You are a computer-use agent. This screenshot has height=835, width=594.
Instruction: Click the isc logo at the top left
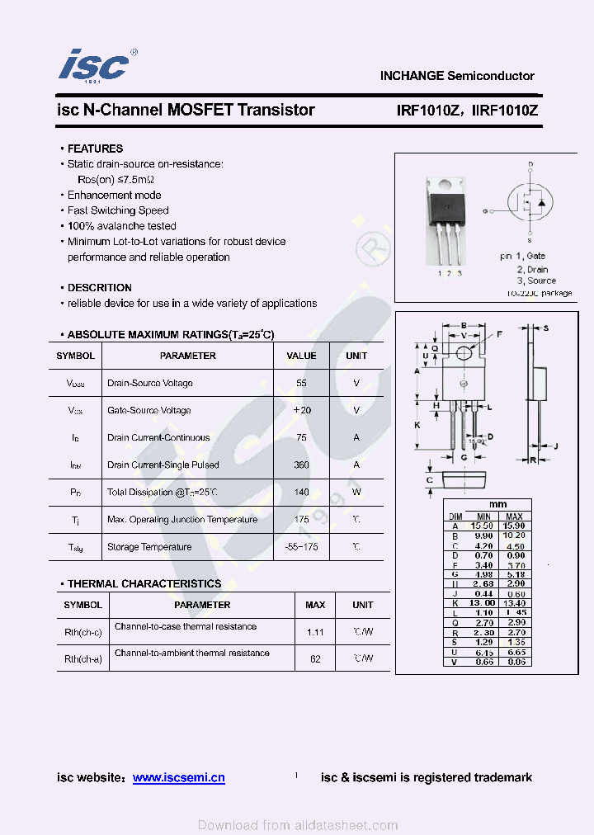(x=94, y=65)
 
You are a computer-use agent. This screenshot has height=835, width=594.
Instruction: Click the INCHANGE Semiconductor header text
(x=457, y=76)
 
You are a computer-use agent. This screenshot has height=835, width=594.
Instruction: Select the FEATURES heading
(x=95, y=149)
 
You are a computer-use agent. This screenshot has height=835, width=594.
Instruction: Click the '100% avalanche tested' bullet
(x=121, y=226)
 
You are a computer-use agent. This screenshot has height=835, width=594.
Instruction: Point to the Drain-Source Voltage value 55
(x=301, y=384)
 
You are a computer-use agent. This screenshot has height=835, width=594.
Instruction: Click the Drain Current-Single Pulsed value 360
(x=301, y=465)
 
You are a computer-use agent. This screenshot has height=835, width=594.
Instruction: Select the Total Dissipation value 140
(x=301, y=493)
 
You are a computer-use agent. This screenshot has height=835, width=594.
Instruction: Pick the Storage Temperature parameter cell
(x=149, y=547)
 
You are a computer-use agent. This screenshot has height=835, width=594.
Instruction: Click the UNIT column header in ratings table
(x=356, y=356)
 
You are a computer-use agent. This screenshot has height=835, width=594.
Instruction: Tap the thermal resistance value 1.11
(x=315, y=632)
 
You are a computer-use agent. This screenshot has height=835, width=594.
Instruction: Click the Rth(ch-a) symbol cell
(x=82, y=658)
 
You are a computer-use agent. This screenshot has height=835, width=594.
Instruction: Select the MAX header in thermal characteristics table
(x=315, y=605)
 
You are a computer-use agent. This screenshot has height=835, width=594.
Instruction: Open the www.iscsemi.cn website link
(x=178, y=777)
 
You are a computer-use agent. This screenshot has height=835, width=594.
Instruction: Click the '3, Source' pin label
(x=536, y=281)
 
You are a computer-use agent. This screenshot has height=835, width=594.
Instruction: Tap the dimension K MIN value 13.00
(x=483, y=603)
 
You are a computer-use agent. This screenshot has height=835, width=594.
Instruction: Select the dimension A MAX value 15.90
(x=515, y=526)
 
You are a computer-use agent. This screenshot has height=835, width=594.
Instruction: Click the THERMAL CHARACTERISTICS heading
(x=144, y=583)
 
